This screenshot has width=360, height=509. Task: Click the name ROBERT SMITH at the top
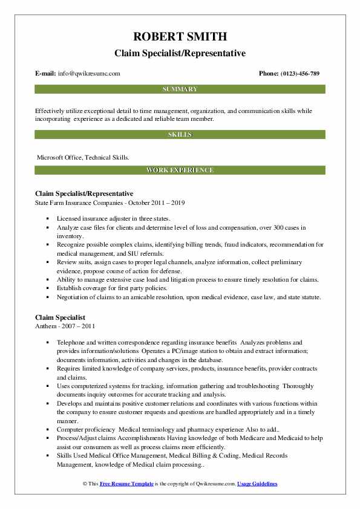pyautogui.click(x=180, y=37)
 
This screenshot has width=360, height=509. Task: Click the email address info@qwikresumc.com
pyautogui.click(x=90, y=74)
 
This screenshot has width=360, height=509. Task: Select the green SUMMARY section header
pyautogui.click(x=180, y=89)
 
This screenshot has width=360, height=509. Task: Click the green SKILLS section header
pyautogui.click(x=180, y=134)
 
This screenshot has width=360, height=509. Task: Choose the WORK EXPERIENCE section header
pyautogui.click(x=180, y=170)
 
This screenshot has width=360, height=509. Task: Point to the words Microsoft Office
pyautogui.click(x=59, y=157)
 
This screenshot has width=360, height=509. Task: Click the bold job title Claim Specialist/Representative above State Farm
pyautogui.click(x=84, y=193)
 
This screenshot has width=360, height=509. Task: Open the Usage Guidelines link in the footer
pyautogui.click(x=257, y=484)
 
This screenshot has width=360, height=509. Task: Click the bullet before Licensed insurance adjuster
pyautogui.click(x=47, y=218)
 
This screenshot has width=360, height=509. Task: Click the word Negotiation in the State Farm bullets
pyautogui.click(x=74, y=297)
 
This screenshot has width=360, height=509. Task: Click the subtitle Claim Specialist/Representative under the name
pyautogui.click(x=180, y=53)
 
